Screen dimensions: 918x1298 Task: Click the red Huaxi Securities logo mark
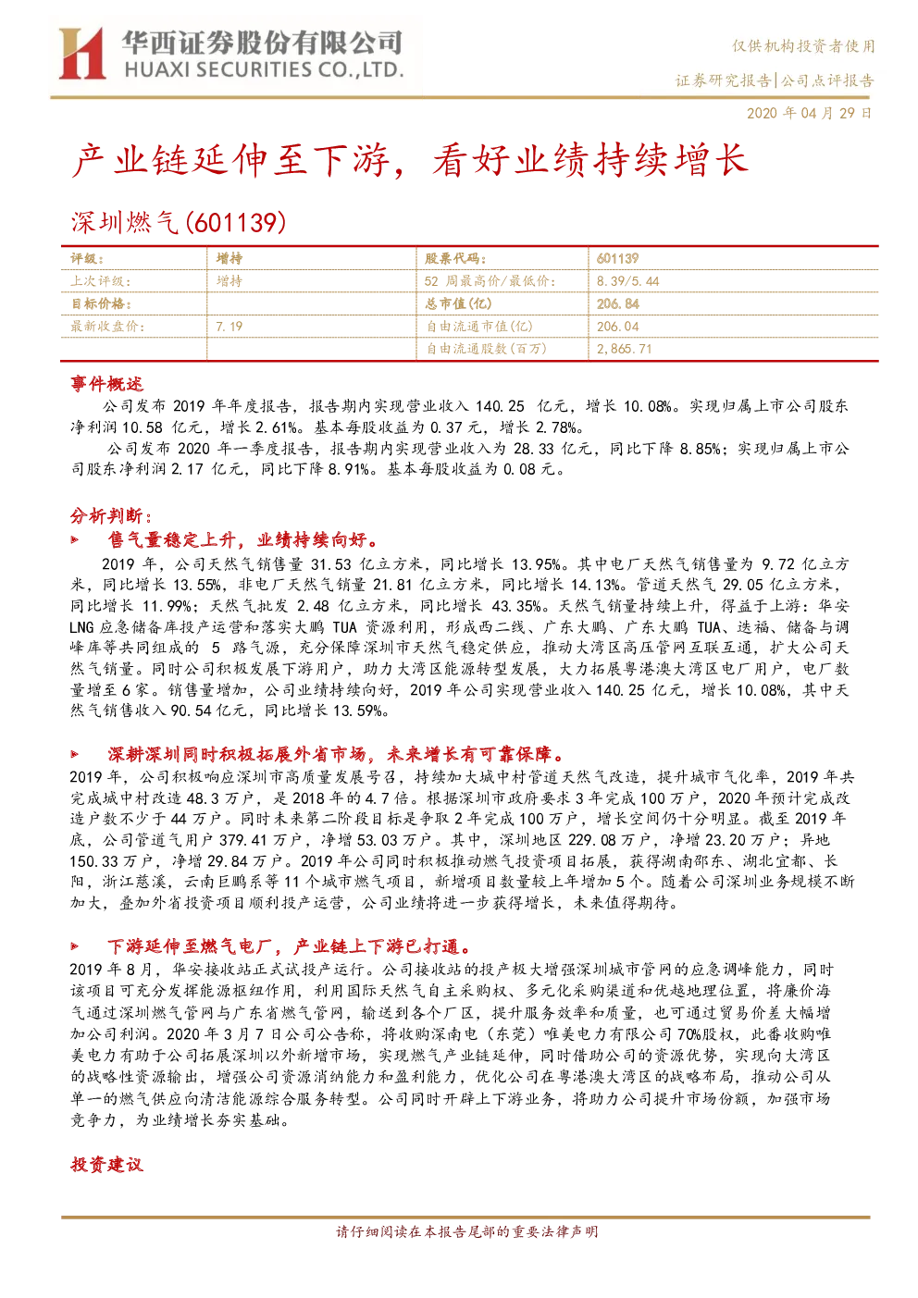point(81,53)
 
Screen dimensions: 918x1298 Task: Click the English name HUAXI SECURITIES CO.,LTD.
point(264,70)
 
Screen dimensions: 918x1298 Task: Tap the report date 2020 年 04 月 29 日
point(809,113)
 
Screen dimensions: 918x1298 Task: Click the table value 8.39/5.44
point(627,281)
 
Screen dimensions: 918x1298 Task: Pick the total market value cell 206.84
point(618,303)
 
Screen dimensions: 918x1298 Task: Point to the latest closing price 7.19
point(229,327)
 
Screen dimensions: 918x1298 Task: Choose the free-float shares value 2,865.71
point(624,349)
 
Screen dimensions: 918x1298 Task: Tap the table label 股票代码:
point(455,258)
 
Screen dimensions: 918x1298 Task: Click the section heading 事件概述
point(106,384)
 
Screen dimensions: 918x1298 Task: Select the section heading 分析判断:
point(111,515)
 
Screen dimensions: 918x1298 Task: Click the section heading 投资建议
point(106,1165)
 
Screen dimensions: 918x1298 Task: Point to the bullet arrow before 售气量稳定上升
point(75,540)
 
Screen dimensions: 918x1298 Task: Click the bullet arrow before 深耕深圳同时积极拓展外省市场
point(75,754)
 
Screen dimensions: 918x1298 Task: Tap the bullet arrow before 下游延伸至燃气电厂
point(75,946)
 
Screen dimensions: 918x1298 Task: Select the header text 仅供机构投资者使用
point(803,46)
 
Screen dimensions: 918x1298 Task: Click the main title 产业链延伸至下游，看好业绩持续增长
point(410,160)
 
